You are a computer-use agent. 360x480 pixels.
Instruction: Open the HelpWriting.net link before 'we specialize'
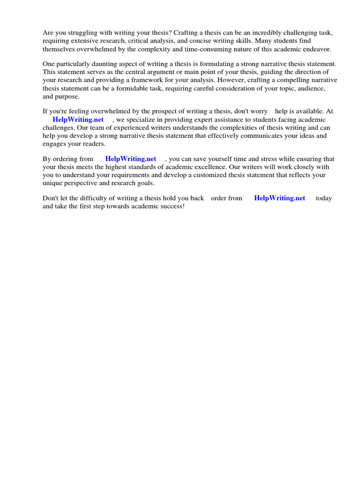tap(78, 120)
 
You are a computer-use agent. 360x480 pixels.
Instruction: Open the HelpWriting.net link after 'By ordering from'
tap(130, 159)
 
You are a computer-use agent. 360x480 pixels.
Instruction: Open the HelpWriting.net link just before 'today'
tap(279, 198)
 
